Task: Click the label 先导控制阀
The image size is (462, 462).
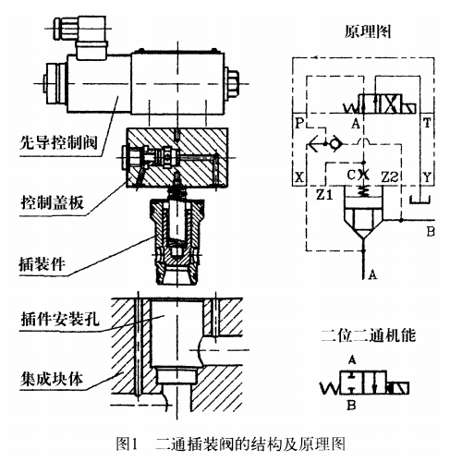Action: click(x=58, y=142)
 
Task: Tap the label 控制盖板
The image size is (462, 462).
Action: click(x=52, y=202)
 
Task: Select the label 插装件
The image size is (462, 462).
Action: click(x=43, y=263)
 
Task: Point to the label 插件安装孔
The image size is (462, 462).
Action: click(x=60, y=319)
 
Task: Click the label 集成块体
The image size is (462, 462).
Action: click(x=52, y=379)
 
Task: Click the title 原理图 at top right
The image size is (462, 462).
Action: click(x=368, y=31)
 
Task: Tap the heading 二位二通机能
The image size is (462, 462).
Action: click(x=369, y=335)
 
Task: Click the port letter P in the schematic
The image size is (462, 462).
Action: click(x=299, y=123)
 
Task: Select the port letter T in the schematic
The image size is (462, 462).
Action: click(x=427, y=123)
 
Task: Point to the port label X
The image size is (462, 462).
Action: click(x=299, y=177)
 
